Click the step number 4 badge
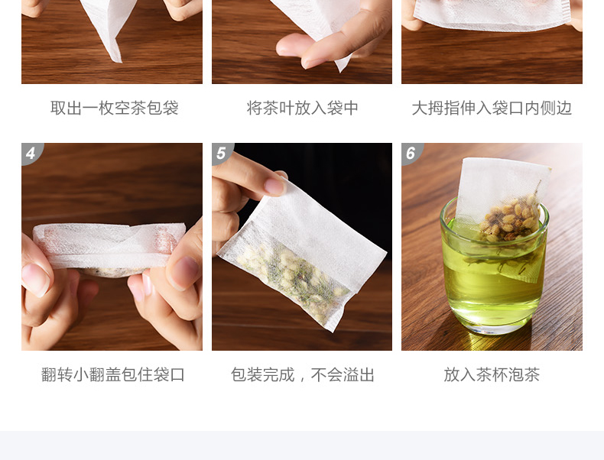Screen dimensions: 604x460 [x=31, y=153]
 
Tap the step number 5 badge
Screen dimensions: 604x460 [x=221, y=153]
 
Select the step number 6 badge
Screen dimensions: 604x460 [x=411, y=153]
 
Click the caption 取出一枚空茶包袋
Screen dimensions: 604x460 [x=115, y=108]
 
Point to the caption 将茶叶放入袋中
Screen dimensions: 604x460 [x=303, y=108]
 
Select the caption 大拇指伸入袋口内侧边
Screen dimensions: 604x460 [x=492, y=108]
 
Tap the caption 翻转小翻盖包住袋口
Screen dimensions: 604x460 [x=113, y=374]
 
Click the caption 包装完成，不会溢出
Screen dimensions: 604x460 [x=303, y=374]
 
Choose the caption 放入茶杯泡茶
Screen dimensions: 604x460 [x=492, y=374]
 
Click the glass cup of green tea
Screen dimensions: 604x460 [x=494, y=270]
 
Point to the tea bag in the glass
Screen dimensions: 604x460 [x=502, y=215]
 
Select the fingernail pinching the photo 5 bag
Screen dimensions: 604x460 [x=274, y=186]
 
